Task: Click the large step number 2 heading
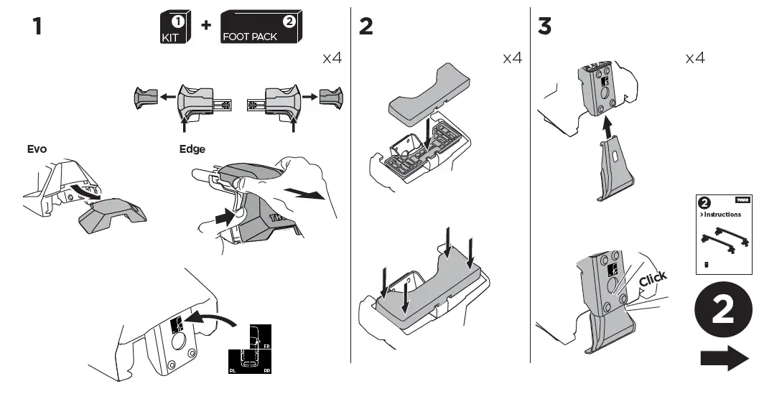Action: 366,27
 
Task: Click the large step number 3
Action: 545,27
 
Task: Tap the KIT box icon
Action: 174,27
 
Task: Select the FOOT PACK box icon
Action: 260,27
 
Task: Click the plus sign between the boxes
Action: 206,25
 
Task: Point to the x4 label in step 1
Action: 331,58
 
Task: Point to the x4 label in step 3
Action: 694,58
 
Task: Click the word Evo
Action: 37,149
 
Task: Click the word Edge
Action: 192,149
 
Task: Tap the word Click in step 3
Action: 653,278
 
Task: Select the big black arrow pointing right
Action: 725,357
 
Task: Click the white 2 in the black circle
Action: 724,309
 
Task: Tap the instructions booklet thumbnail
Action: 723,233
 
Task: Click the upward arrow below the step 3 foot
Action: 608,130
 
